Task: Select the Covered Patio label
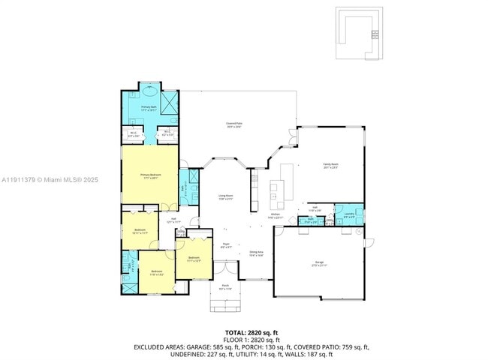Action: [233, 124]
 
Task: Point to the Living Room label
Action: [226, 197]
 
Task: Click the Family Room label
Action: [330, 166]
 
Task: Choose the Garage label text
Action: [319, 263]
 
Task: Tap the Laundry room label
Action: [349, 215]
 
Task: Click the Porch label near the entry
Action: [225, 287]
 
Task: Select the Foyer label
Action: [225, 244]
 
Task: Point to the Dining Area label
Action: [256, 253]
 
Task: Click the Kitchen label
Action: [275, 216]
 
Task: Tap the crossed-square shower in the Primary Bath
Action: [170, 100]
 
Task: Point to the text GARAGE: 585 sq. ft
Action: [206, 348]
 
